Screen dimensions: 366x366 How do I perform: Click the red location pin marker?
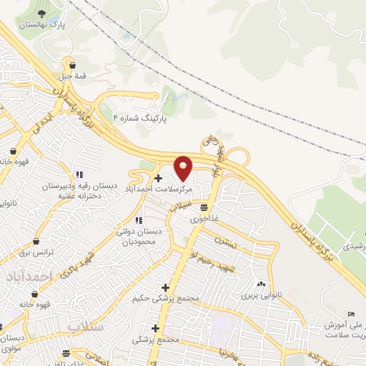(x=184, y=167)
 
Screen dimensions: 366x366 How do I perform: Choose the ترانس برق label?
(x=35, y=252)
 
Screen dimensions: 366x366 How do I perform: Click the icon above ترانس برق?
(x=36, y=242)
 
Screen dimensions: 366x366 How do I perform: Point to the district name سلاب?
(x=86, y=326)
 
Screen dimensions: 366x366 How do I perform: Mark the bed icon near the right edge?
(x=350, y=315)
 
